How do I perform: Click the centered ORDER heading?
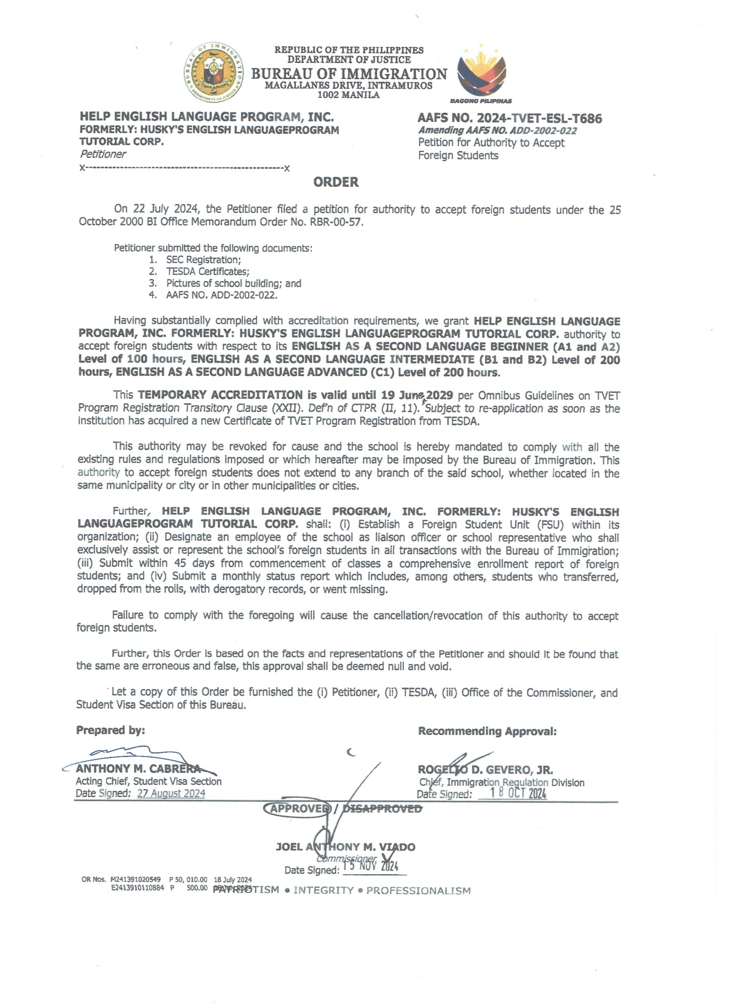tap(336, 182)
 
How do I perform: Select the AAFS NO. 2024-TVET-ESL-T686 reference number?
tap(510, 118)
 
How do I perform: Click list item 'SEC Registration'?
tap(203, 260)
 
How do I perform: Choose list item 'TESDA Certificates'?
tap(207, 271)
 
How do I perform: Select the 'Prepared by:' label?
tap(111, 730)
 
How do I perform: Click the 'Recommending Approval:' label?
tap(487, 731)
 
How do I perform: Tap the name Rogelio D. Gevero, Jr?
tap(485, 770)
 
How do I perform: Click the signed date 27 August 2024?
tap(171, 793)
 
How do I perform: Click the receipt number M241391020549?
tap(136, 879)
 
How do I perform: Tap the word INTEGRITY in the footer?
tap(323, 890)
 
